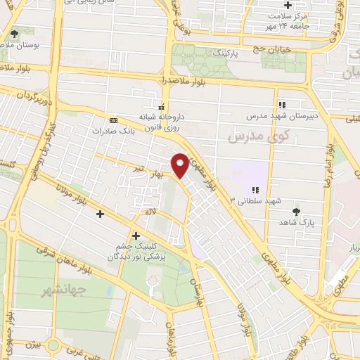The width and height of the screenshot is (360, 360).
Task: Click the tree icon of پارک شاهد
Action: [297, 210]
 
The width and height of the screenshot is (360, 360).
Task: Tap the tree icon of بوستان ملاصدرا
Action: [15, 34]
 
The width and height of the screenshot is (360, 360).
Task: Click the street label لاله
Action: [150, 211]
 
